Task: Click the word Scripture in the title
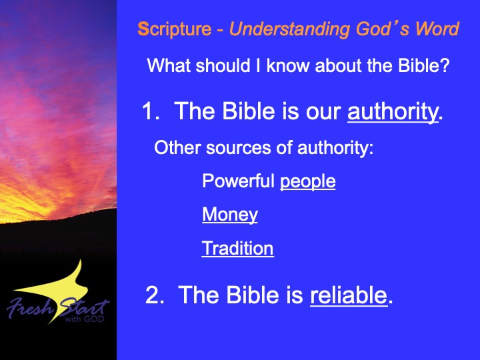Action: (x=175, y=30)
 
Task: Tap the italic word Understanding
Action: (x=289, y=30)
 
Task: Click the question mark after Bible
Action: (x=445, y=65)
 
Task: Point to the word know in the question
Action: (x=289, y=65)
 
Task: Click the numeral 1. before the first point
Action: (x=151, y=111)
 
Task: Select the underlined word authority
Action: (x=393, y=112)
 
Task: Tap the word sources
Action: (x=239, y=148)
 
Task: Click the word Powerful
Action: (x=238, y=181)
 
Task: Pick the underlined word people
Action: (x=307, y=182)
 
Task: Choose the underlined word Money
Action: (x=230, y=215)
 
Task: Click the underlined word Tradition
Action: (x=237, y=248)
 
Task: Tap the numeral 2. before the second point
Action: (x=155, y=295)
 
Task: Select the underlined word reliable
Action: (x=349, y=295)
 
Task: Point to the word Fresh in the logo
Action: (x=30, y=307)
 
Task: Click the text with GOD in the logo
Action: (x=85, y=319)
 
